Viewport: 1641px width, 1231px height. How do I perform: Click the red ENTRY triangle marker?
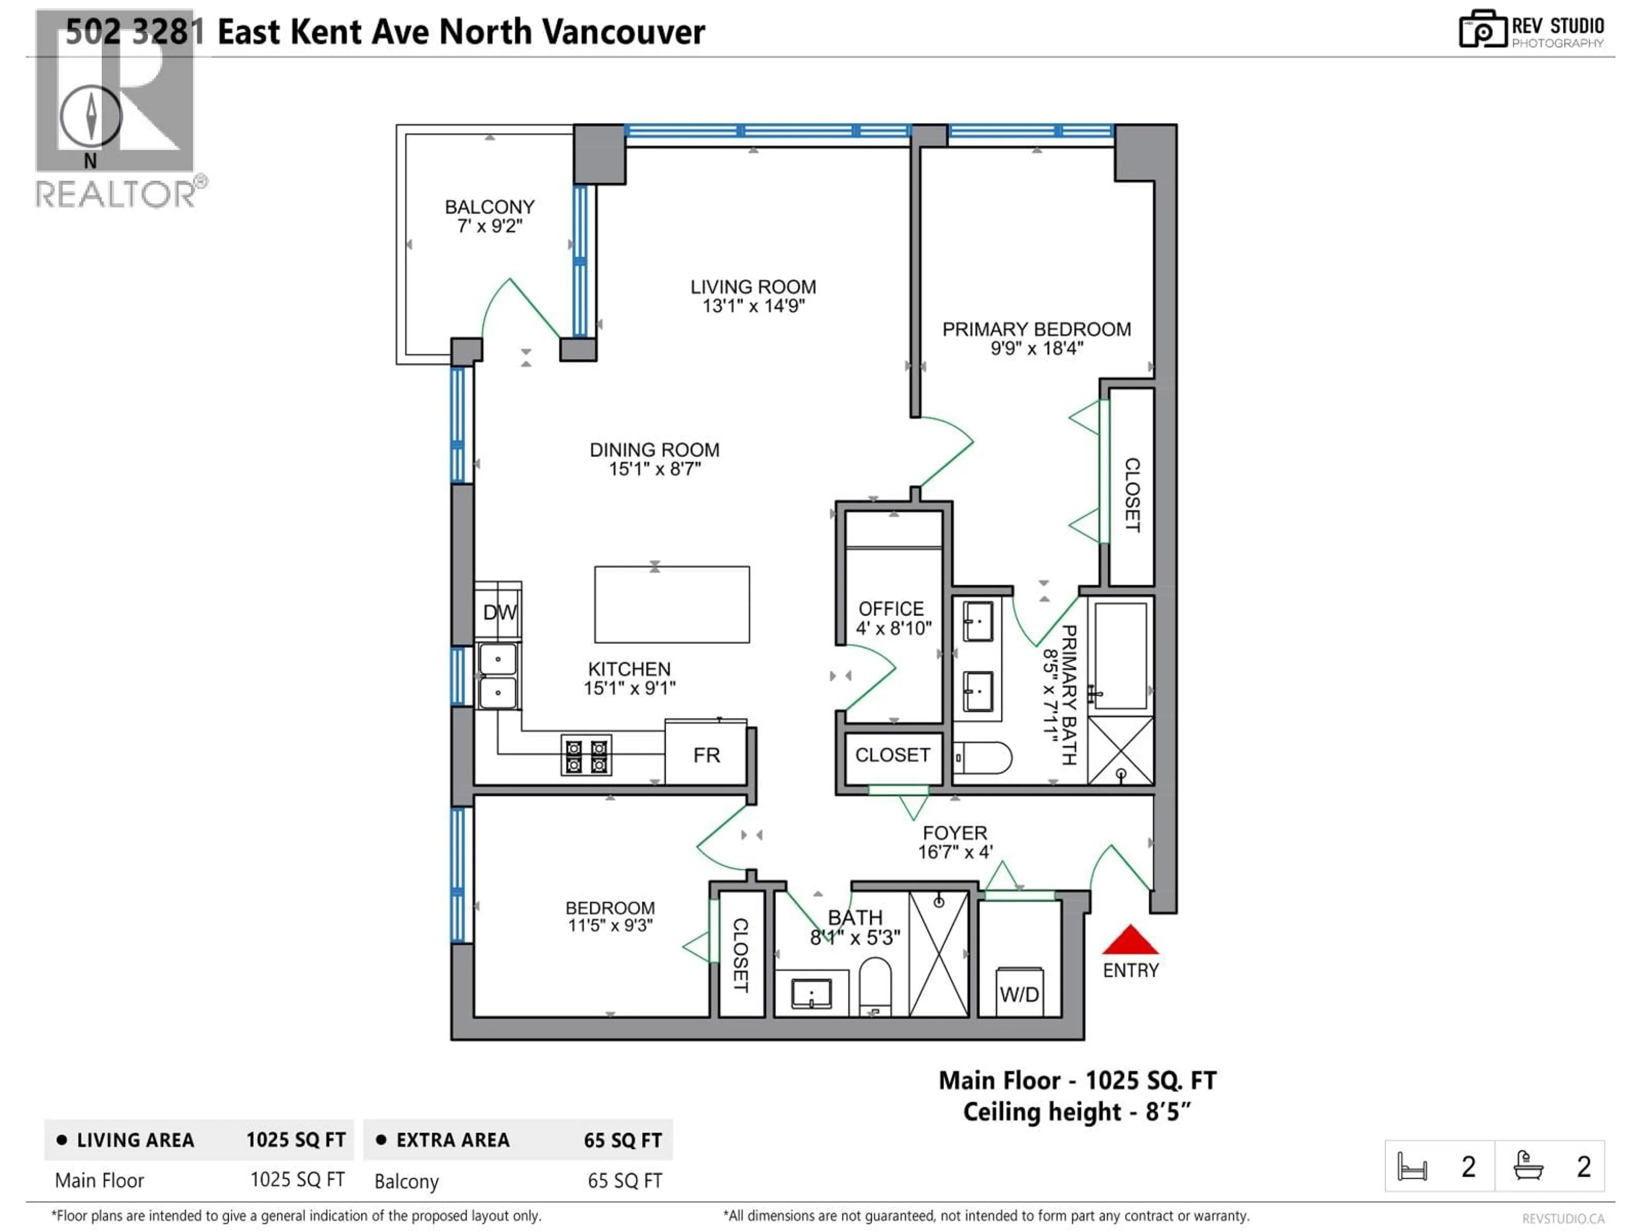click(1130, 941)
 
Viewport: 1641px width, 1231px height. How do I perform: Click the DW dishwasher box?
click(499, 612)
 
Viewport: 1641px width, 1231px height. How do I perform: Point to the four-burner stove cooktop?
click(586, 755)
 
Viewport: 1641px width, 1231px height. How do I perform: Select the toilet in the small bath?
click(875, 985)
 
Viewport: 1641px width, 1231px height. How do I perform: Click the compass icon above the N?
click(91, 117)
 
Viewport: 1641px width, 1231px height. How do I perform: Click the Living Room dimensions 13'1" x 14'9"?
click(753, 306)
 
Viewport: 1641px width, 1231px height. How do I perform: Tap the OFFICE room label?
click(891, 609)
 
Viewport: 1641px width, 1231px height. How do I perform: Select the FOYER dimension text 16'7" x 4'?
click(955, 852)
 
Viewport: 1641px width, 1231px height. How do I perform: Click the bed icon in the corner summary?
click(1412, 1166)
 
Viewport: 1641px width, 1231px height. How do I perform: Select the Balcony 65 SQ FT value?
click(625, 1181)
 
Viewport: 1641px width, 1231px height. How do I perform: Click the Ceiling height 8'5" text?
click(1076, 1112)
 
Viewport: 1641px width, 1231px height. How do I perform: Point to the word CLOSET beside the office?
click(892, 754)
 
